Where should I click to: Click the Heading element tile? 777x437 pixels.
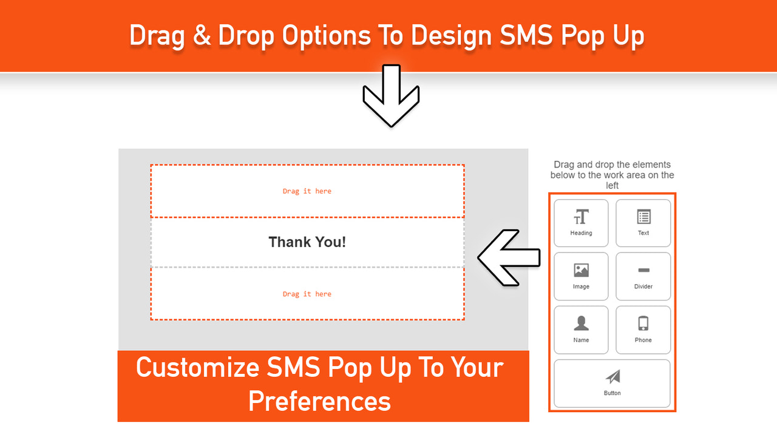[581, 223]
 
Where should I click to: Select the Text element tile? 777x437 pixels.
[643, 223]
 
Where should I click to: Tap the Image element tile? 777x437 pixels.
[581, 276]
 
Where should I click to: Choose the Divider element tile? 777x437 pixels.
[643, 276]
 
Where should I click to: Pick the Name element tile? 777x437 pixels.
[581, 330]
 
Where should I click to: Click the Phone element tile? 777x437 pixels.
[643, 330]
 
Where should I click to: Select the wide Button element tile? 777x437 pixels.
[612, 384]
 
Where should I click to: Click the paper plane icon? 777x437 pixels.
[612, 377]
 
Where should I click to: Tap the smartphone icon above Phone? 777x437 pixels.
[643, 324]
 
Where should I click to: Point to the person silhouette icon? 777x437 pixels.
[581, 324]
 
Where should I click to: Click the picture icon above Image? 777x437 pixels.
[581, 270]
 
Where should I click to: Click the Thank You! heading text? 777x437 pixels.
[307, 242]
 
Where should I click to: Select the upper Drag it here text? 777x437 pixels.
[307, 191]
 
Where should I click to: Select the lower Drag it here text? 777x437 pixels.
[307, 294]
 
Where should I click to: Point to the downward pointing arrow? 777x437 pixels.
[391, 95]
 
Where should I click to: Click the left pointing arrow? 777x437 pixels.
[509, 257]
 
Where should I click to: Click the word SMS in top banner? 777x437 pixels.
[526, 36]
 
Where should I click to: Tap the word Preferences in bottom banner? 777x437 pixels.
[319, 401]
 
